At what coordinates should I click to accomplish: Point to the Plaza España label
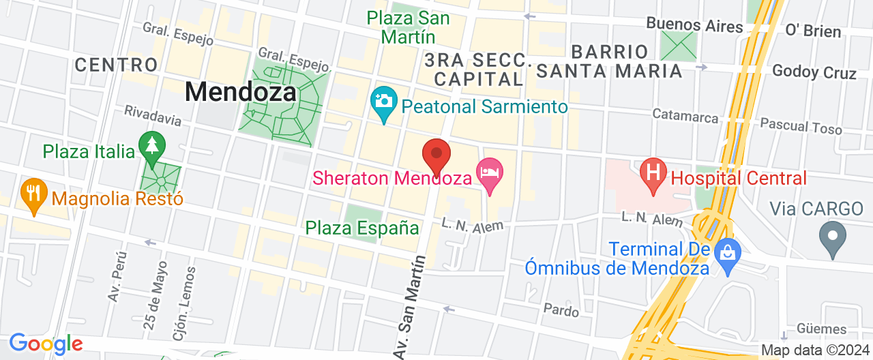pos(361,228)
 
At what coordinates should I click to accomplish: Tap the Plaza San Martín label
pos(409,27)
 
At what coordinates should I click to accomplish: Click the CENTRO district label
pos(117,65)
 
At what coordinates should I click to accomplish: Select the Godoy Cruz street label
pos(814,72)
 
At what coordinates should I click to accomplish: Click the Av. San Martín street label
pos(409,306)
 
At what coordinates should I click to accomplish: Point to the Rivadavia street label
pos(152,115)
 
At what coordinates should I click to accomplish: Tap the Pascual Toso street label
pos(801,125)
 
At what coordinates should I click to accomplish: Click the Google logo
pos(46,344)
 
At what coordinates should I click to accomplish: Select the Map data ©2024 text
pos(814,350)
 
